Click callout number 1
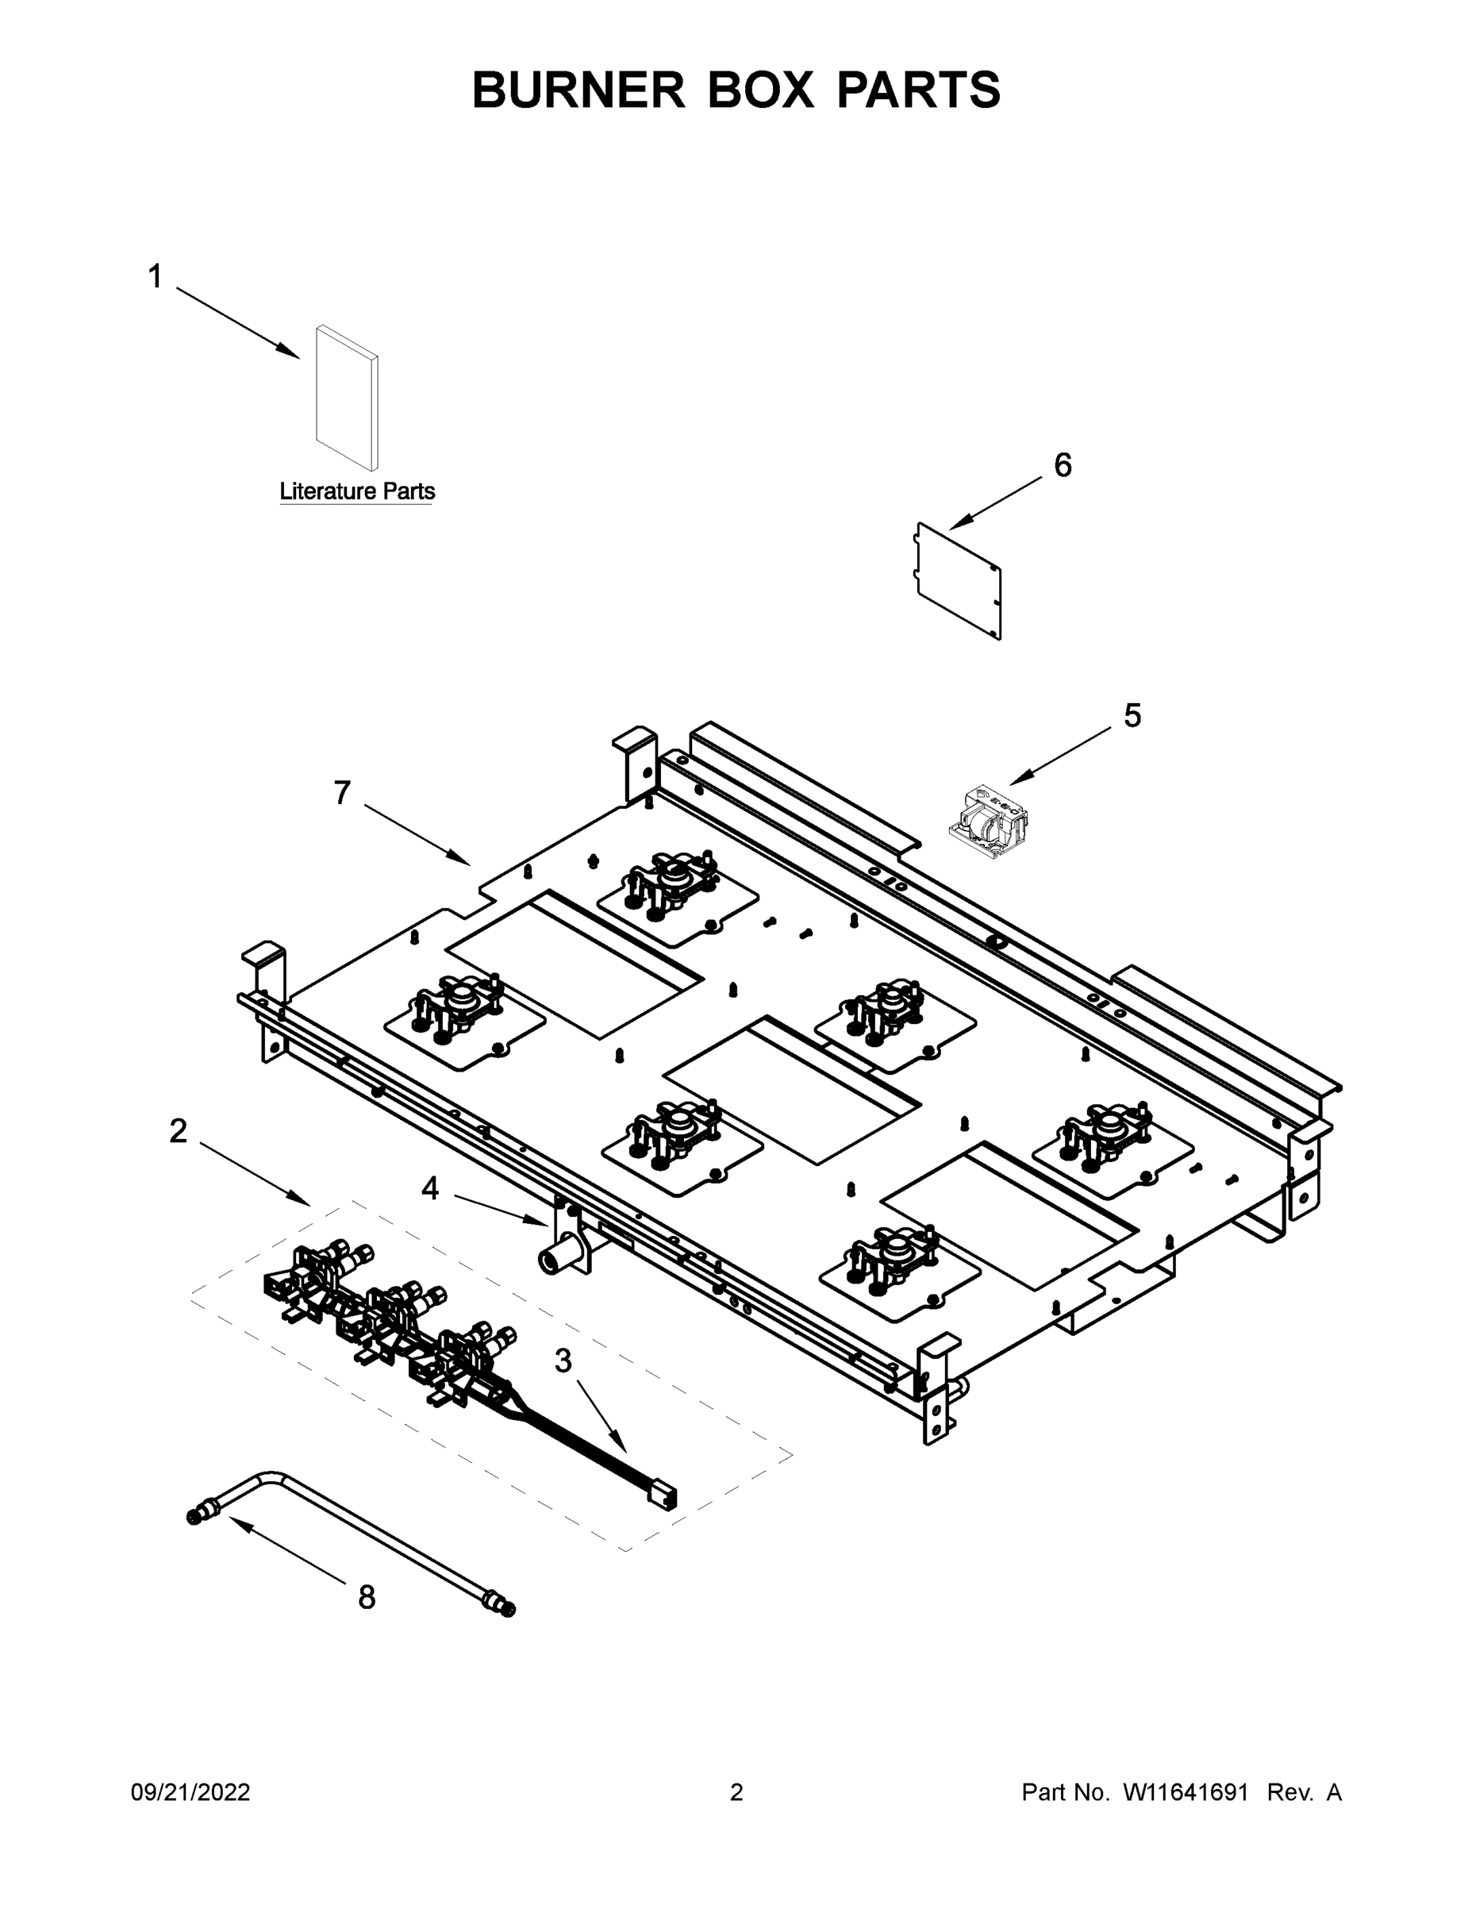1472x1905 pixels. [x=156, y=277]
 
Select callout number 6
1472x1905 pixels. [x=1063, y=466]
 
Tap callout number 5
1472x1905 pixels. [x=1132, y=716]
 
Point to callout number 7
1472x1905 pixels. [x=342, y=793]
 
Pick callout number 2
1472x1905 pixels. [x=178, y=1131]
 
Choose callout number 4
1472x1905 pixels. [x=430, y=1188]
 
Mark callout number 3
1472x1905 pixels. [x=563, y=1360]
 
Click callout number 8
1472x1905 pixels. [x=367, y=1597]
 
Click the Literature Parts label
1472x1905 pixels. [x=356, y=491]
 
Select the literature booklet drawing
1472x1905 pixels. [x=346, y=398]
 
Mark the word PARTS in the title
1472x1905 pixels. [x=918, y=90]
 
